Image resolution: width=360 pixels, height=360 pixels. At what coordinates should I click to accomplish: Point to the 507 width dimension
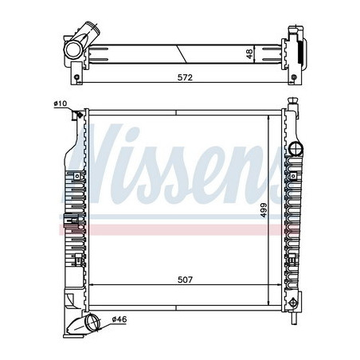(x=185, y=279)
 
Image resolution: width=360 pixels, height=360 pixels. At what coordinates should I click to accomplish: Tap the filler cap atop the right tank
(x=293, y=104)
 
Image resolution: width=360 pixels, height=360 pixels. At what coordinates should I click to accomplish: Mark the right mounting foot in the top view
(x=294, y=76)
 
